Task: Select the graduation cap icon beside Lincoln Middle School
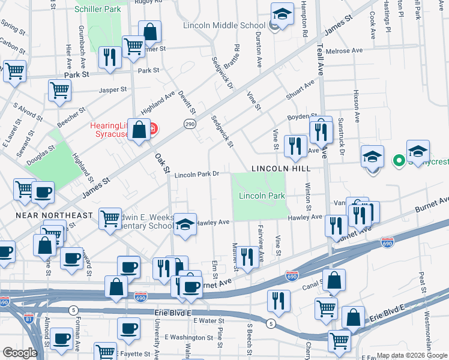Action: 282,14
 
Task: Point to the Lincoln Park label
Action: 262,196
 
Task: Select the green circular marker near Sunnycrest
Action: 397,160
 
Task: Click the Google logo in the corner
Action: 19,353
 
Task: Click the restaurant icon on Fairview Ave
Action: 247,257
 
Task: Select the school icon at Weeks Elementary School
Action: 185,224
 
